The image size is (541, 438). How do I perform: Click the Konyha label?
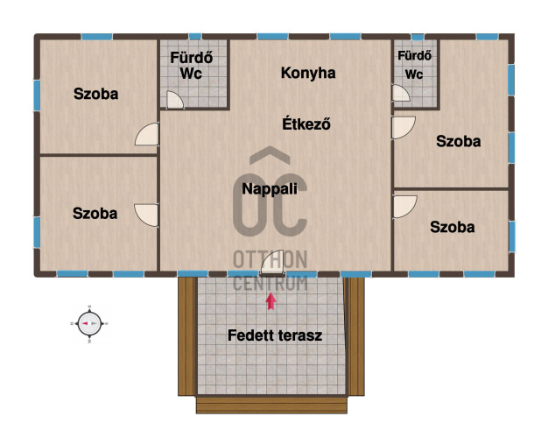pyautogui.click(x=308, y=74)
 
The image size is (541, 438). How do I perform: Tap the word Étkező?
pyautogui.click(x=306, y=124)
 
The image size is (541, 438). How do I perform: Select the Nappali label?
pyautogui.click(x=270, y=189)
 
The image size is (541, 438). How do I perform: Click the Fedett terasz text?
pyautogui.click(x=275, y=336)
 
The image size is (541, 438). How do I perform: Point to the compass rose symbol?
pyautogui.click(x=89, y=324)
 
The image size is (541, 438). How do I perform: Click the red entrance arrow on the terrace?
pyautogui.click(x=270, y=301)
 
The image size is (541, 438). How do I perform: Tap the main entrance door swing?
pyautogui.click(x=272, y=262)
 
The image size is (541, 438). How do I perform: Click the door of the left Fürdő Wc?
pyautogui.click(x=175, y=100)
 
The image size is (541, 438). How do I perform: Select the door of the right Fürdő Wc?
pyautogui.click(x=401, y=93)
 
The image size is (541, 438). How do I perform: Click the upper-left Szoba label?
pyautogui.click(x=96, y=94)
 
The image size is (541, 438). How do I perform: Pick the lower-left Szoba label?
pyautogui.click(x=95, y=213)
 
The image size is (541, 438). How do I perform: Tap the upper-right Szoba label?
pyautogui.click(x=458, y=142)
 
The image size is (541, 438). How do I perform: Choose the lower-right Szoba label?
pyautogui.click(x=453, y=227)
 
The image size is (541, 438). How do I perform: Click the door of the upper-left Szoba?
pyautogui.click(x=147, y=134)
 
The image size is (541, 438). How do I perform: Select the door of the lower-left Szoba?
pyautogui.click(x=147, y=215)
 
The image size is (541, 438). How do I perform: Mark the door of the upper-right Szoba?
pyautogui.click(x=404, y=128)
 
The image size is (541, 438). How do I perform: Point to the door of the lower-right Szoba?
pyautogui.click(x=404, y=207)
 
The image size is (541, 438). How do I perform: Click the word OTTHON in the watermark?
pyautogui.click(x=270, y=259)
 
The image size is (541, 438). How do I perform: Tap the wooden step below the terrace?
pyautogui.click(x=271, y=405)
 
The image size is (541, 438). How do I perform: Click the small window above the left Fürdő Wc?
pyautogui.click(x=195, y=36)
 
